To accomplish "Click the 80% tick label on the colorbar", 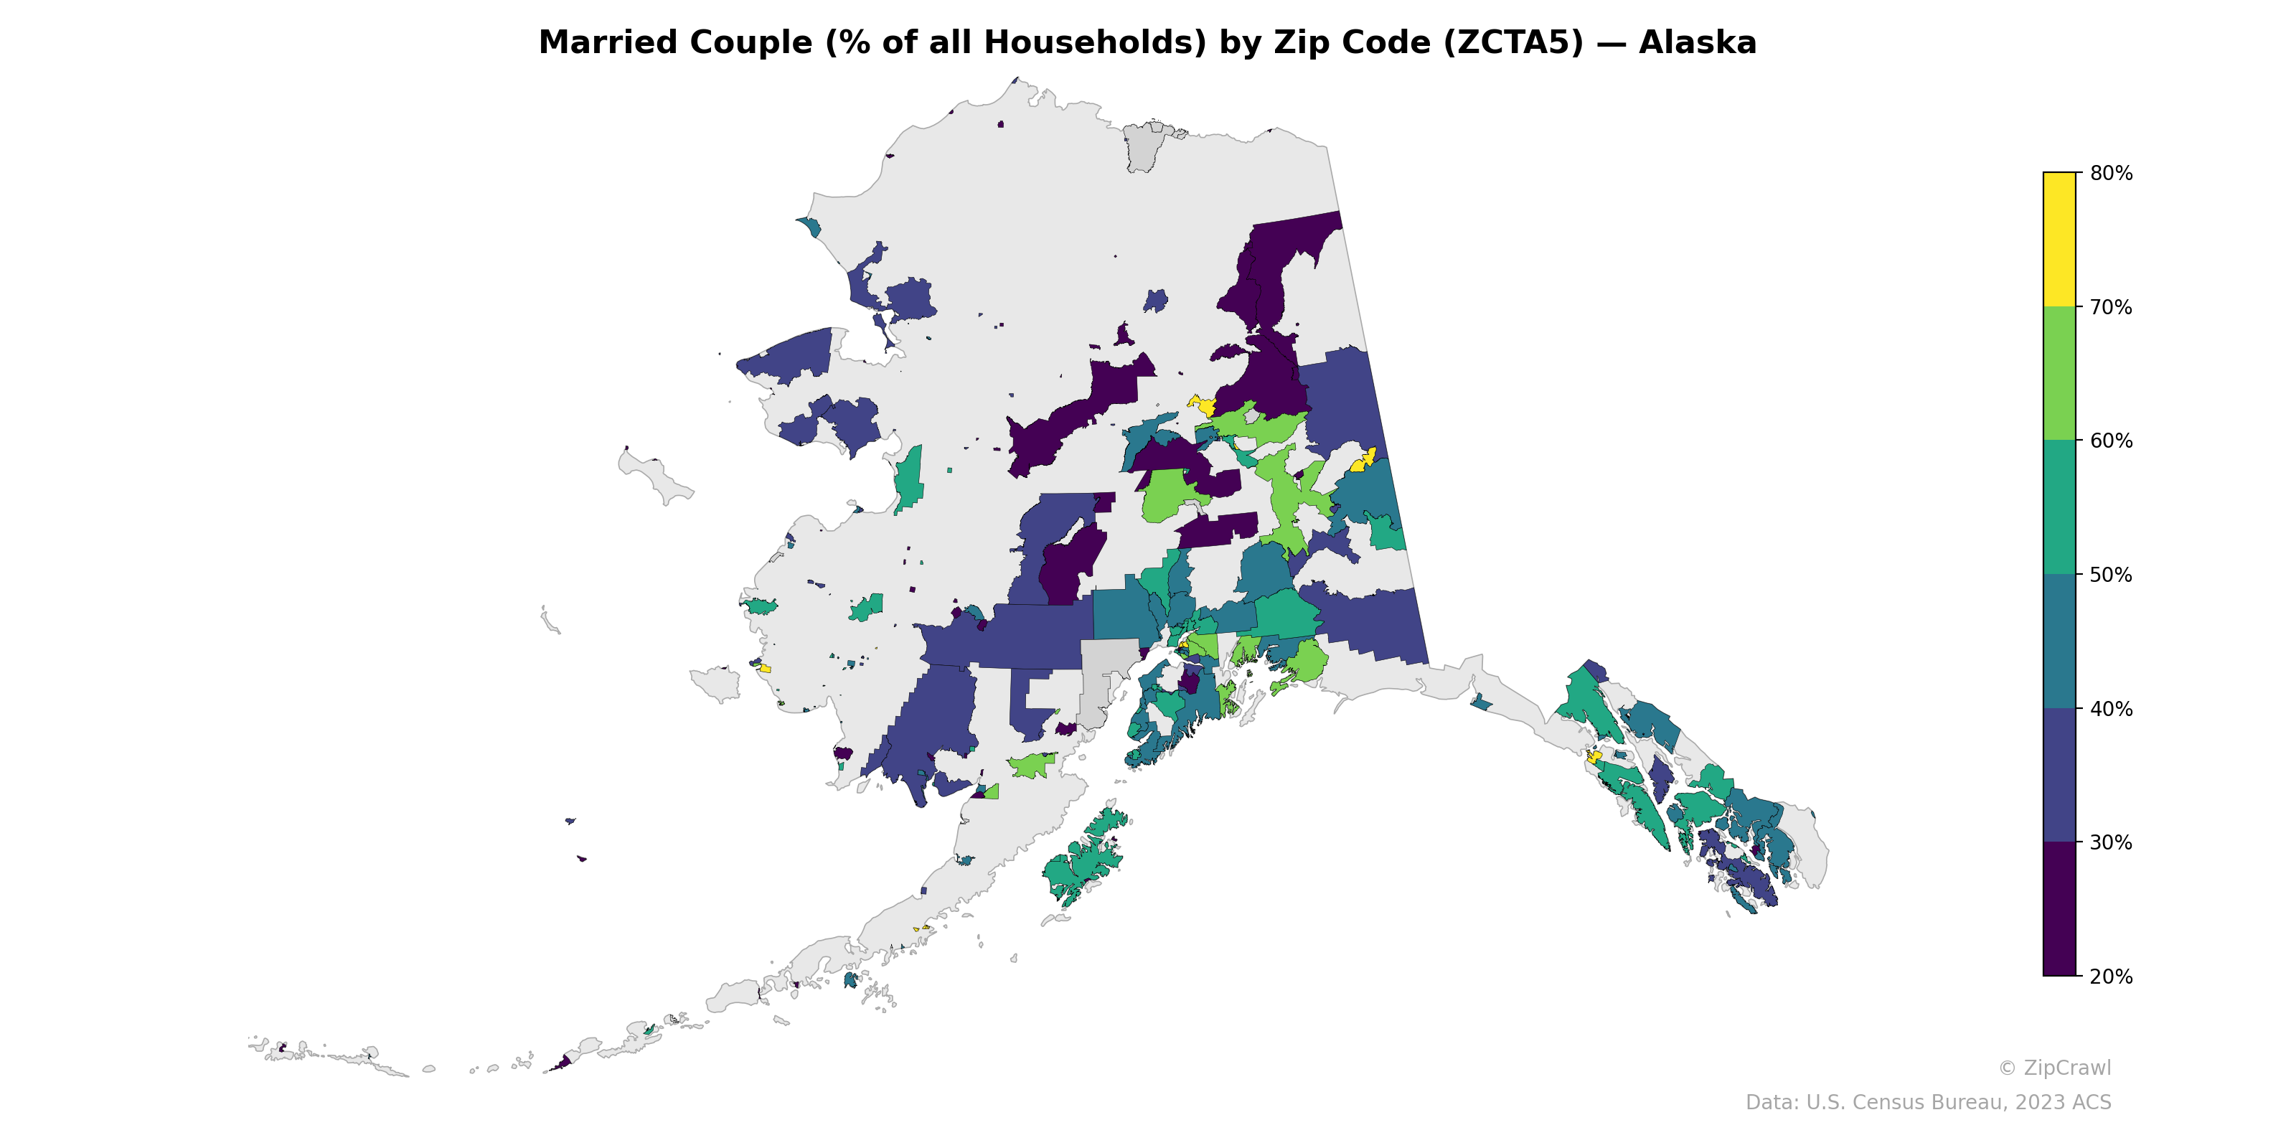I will point(2111,174).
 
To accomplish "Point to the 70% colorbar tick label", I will point(2111,308).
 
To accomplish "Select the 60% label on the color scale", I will point(2111,441).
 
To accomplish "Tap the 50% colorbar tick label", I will point(2111,575).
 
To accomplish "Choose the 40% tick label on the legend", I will point(2111,710).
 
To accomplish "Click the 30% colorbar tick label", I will point(2111,843).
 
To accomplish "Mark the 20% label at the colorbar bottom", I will point(2111,977).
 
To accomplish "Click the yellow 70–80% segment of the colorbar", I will point(2059,239).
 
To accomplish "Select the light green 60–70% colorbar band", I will point(2059,373).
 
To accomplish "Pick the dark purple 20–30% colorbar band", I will point(2059,909).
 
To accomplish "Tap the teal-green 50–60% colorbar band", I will point(2059,507).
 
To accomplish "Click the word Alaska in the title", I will point(1697,43).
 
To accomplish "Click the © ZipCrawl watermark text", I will point(2053,1068).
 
